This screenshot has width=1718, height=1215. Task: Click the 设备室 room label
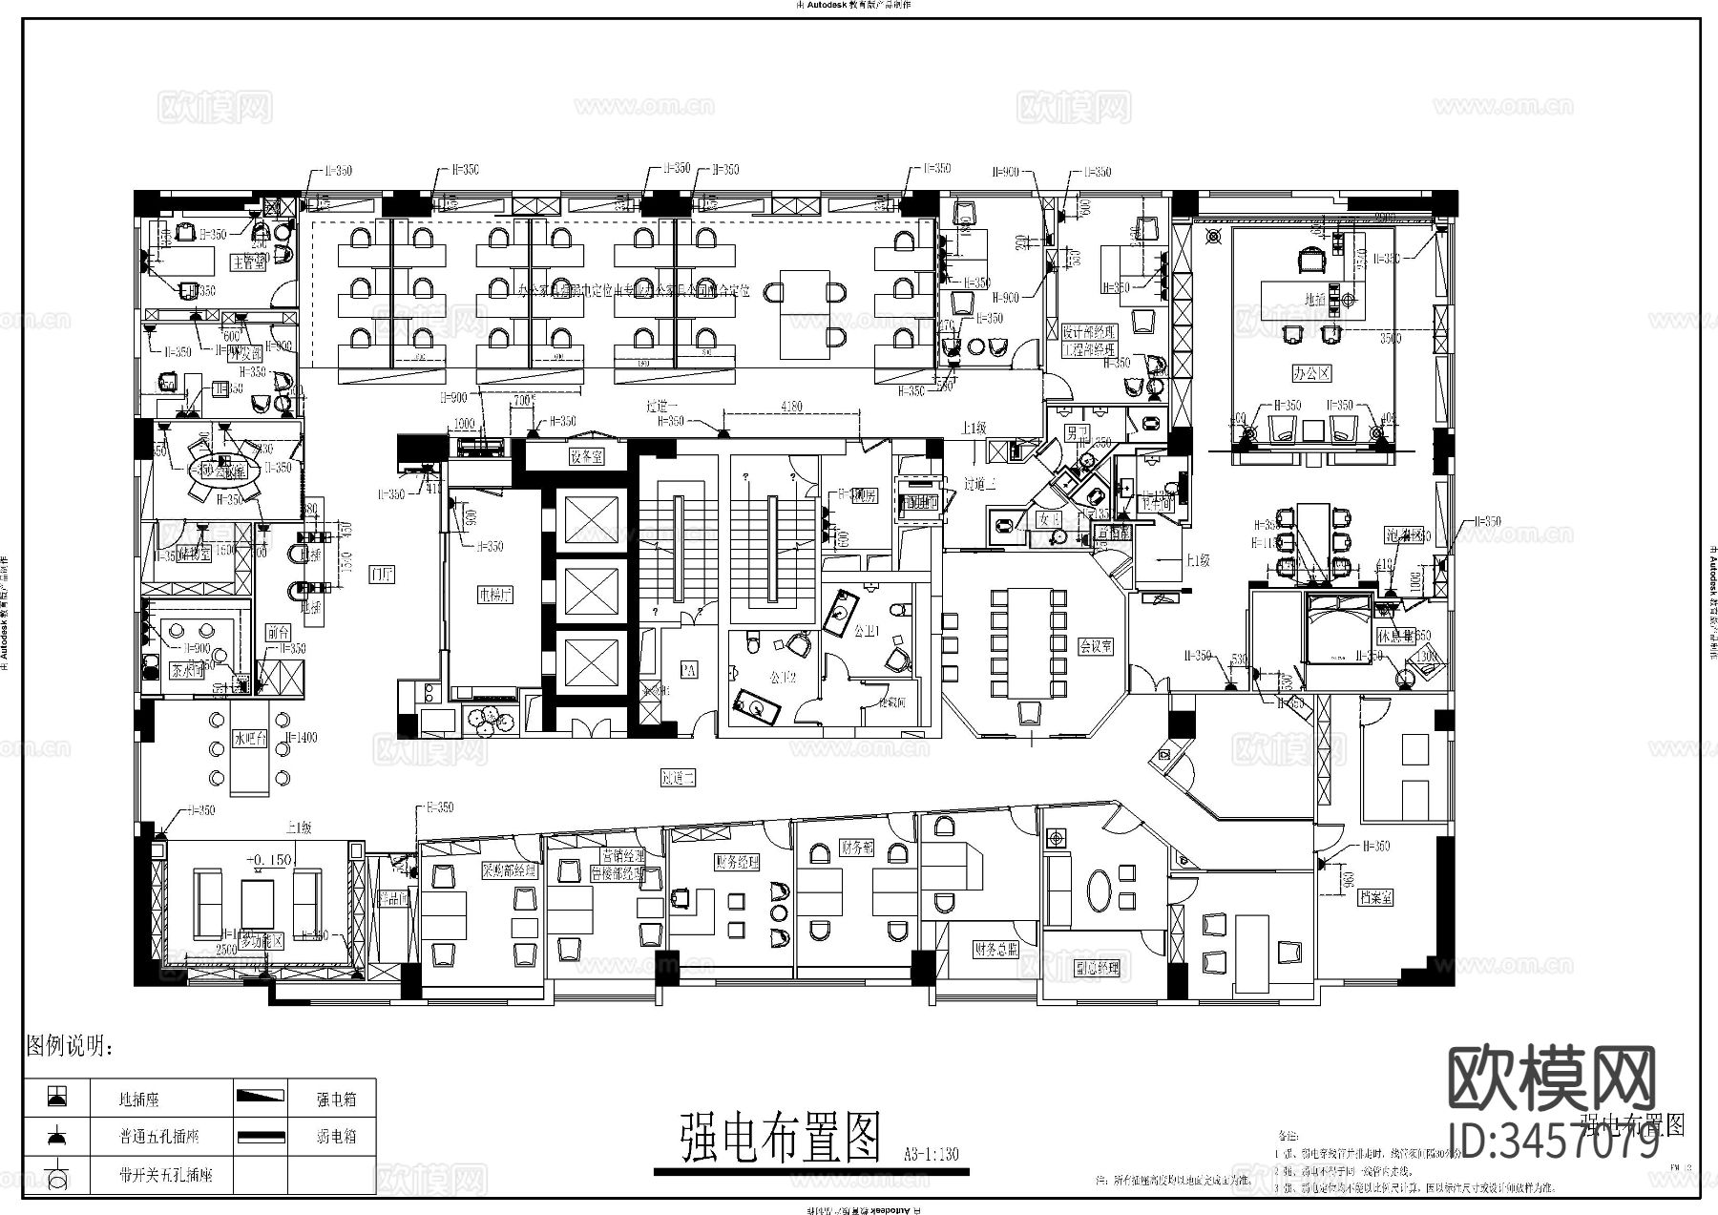click(x=586, y=457)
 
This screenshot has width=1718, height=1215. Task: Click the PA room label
click(x=688, y=671)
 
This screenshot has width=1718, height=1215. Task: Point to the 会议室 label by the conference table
click(x=1096, y=646)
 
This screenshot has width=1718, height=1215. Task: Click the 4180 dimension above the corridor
click(x=791, y=407)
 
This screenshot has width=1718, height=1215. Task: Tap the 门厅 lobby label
click(x=383, y=574)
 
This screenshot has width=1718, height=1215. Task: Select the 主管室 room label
click(x=247, y=263)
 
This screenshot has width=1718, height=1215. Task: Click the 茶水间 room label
click(x=187, y=670)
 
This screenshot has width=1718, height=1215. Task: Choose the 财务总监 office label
click(x=995, y=949)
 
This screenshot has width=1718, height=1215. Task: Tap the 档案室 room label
click(x=1376, y=897)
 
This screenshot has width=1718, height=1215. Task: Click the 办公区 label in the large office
click(x=1311, y=373)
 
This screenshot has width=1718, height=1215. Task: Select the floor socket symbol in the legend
click(x=57, y=1098)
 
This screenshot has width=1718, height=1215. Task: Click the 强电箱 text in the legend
click(x=336, y=1100)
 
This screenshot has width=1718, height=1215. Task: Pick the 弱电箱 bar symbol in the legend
click(x=261, y=1137)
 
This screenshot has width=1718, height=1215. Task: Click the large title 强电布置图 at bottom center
click(x=778, y=1139)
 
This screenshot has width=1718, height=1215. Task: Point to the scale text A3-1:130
click(x=930, y=1154)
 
